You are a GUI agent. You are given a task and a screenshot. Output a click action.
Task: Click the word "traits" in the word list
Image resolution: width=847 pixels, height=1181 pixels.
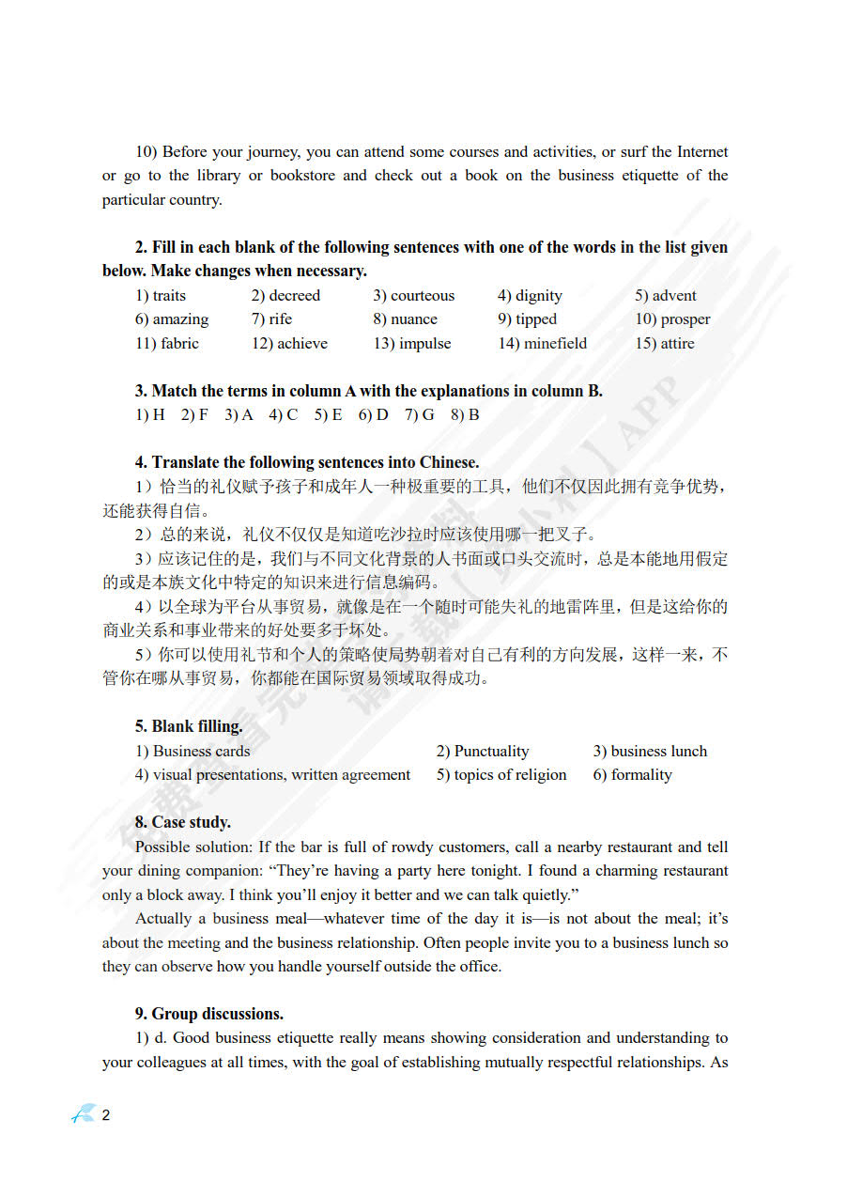point(169,295)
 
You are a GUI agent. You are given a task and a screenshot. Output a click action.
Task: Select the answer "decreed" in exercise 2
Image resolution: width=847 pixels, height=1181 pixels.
point(294,295)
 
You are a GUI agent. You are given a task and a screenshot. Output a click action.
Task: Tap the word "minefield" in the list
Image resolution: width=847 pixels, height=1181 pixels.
point(554,343)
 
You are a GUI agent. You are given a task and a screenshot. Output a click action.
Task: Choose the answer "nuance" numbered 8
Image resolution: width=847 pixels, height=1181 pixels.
point(414,319)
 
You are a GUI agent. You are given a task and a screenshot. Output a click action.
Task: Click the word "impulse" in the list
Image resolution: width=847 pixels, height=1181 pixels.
point(424,343)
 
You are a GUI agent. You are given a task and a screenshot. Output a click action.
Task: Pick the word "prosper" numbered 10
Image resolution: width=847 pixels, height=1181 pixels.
point(685,319)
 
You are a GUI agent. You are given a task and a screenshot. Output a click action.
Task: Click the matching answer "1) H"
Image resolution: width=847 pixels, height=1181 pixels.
point(150,414)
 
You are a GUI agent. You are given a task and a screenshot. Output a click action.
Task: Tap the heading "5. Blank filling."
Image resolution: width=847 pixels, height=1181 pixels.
point(189,726)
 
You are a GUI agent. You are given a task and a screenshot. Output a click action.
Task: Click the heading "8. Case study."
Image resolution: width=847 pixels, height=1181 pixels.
point(183,822)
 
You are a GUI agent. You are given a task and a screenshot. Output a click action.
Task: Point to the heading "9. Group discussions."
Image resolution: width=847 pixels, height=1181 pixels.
point(209,1014)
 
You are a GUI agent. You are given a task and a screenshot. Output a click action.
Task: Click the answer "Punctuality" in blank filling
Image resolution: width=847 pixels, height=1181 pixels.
point(491,751)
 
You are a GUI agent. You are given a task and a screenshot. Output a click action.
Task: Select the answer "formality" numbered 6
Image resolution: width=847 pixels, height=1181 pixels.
point(641,774)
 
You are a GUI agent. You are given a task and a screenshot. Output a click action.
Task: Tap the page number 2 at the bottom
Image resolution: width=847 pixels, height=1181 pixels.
point(106,1115)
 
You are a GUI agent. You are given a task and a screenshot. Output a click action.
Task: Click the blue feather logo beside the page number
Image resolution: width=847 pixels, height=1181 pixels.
point(85,1114)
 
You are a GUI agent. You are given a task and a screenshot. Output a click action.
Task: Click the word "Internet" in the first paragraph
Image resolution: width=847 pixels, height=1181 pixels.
point(702,151)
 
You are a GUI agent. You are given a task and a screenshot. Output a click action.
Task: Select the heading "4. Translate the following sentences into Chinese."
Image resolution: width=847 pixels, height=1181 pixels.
point(307,462)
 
